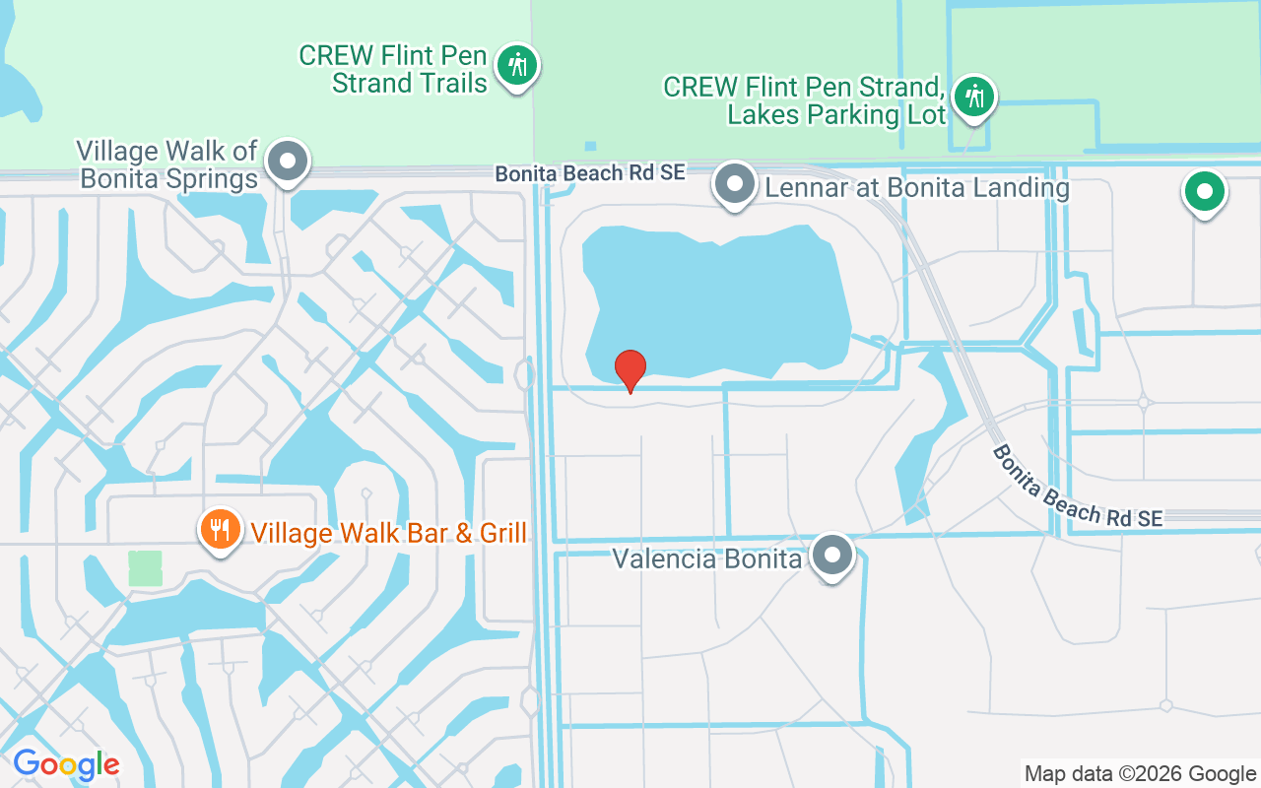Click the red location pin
tap(630, 369)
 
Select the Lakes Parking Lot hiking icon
tap(974, 97)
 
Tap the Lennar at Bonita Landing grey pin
tap(734, 183)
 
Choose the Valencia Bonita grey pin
tap(832, 555)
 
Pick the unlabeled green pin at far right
tap(1203, 190)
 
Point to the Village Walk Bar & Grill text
tap(388, 533)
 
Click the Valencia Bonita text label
tap(706, 559)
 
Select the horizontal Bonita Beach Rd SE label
tap(589, 173)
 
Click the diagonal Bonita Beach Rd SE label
tap(1077, 486)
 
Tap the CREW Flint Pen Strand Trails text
tap(393, 69)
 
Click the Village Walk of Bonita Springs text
tap(167, 164)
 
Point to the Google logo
tap(66, 763)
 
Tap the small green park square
tap(145, 568)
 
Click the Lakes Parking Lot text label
tap(805, 100)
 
